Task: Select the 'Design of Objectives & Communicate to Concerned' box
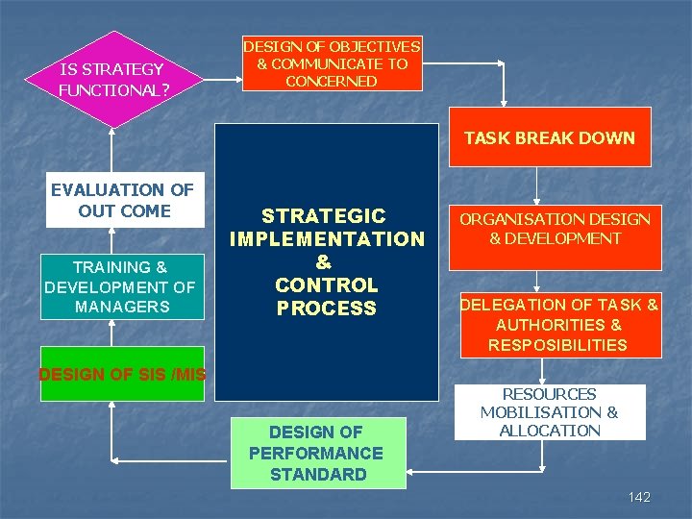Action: click(x=332, y=63)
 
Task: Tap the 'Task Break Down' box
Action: click(x=550, y=137)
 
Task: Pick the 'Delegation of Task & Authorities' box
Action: click(x=558, y=324)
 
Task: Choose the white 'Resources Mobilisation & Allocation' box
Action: click(x=550, y=412)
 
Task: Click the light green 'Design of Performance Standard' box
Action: click(x=317, y=453)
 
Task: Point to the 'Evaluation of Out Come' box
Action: click(x=124, y=200)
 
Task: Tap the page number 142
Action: click(x=639, y=497)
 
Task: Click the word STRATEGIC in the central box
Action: click(x=324, y=216)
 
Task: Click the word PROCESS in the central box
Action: click(x=326, y=309)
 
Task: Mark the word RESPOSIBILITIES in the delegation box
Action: click(x=557, y=345)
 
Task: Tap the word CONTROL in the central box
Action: click(x=326, y=285)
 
